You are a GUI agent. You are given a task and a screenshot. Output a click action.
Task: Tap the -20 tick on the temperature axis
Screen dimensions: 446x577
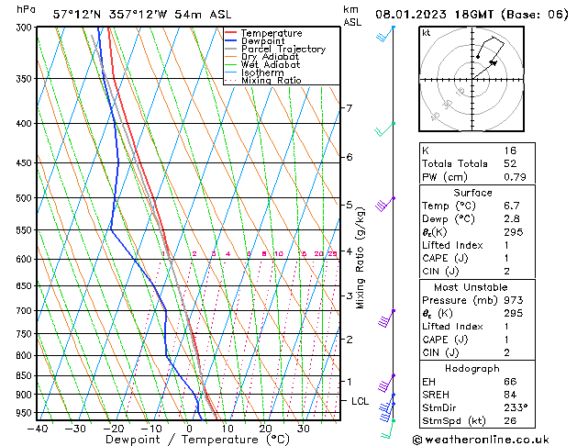[114, 429]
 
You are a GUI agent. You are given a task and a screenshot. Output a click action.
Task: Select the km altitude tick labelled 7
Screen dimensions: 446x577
[349, 108]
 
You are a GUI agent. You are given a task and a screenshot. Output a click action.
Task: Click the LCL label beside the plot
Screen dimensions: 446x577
[360, 401]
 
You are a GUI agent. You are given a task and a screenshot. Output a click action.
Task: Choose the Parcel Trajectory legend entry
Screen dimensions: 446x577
[283, 49]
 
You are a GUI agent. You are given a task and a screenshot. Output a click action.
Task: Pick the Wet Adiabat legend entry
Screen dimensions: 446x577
[271, 64]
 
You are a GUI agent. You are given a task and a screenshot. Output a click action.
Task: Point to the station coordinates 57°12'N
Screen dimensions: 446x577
[78, 15]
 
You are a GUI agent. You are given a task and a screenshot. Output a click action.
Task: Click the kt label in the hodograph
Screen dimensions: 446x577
[427, 32]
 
